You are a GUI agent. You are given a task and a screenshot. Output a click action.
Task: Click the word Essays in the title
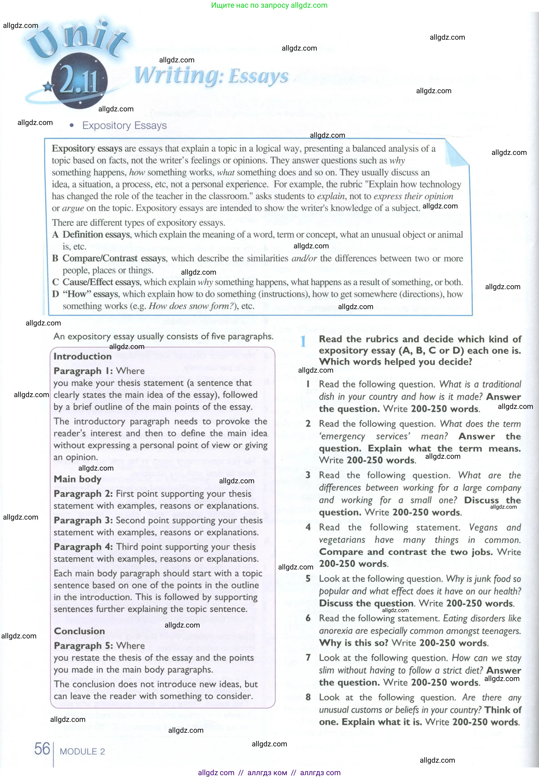[x=258, y=76]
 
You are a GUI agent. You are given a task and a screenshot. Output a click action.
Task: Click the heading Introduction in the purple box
[x=82, y=357]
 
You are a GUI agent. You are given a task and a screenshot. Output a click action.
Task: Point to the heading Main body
[x=77, y=479]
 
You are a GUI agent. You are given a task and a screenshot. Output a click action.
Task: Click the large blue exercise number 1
[x=303, y=342]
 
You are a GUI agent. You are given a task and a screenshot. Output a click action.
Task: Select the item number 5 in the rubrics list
[x=308, y=579]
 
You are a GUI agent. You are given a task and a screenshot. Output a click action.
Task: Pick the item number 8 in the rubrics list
[x=308, y=697]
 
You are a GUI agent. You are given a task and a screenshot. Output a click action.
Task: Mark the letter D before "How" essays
[x=56, y=294]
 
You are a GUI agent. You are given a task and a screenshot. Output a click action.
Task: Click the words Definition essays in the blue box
[x=96, y=235]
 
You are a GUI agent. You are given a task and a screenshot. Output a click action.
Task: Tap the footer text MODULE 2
[x=82, y=752]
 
